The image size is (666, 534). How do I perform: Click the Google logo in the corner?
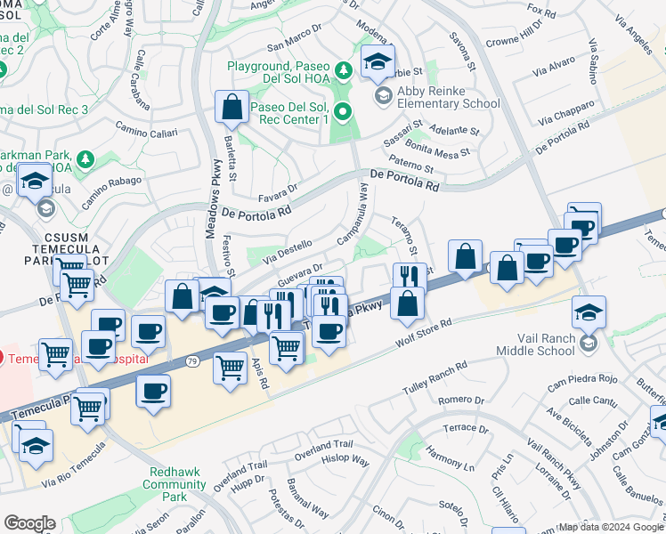click(29, 523)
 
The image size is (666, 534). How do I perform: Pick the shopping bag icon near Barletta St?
click(231, 108)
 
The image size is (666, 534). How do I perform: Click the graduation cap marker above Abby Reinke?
click(378, 61)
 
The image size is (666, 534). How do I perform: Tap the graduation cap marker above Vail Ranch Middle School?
click(589, 312)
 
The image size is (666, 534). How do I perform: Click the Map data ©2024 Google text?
click(610, 527)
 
